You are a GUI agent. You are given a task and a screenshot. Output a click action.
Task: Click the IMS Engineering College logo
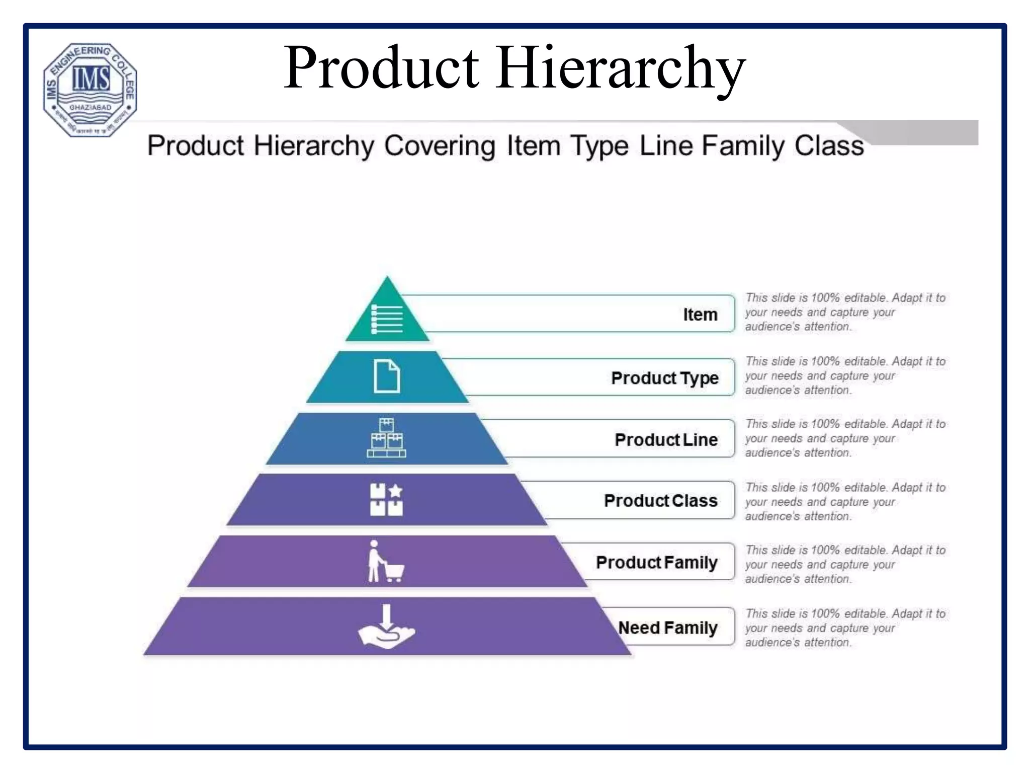pyautogui.click(x=90, y=90)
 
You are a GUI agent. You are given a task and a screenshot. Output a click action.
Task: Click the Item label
pyautogui.click(x=700, y=315)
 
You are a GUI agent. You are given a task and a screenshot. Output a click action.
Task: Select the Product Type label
pyautogui.click(x=664, y=377)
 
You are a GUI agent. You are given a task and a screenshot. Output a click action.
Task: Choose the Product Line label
pyautogui.click(x=666, y=439)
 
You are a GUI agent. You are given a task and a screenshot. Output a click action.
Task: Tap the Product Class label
pyautogui.click(x=660, y=501)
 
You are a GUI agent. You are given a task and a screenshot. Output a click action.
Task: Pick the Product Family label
pyautogui.click(x=656, y=562)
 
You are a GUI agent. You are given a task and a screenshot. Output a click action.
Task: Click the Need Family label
pyautogui.click(x=667, y=628)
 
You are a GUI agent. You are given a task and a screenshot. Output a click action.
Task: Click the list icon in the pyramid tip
pyautogui.click(x=387, y=319)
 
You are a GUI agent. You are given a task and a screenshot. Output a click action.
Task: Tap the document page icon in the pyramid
pyautogui.click(x=387, y=376)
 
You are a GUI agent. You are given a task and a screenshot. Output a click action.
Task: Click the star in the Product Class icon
pyautogui.click(x=396, y=490)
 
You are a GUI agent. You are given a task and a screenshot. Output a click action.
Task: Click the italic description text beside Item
pyautogui.click(x=845, y=312)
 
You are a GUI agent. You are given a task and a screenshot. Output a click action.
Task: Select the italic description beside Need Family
pyautogui.click(x=845, y=628)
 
